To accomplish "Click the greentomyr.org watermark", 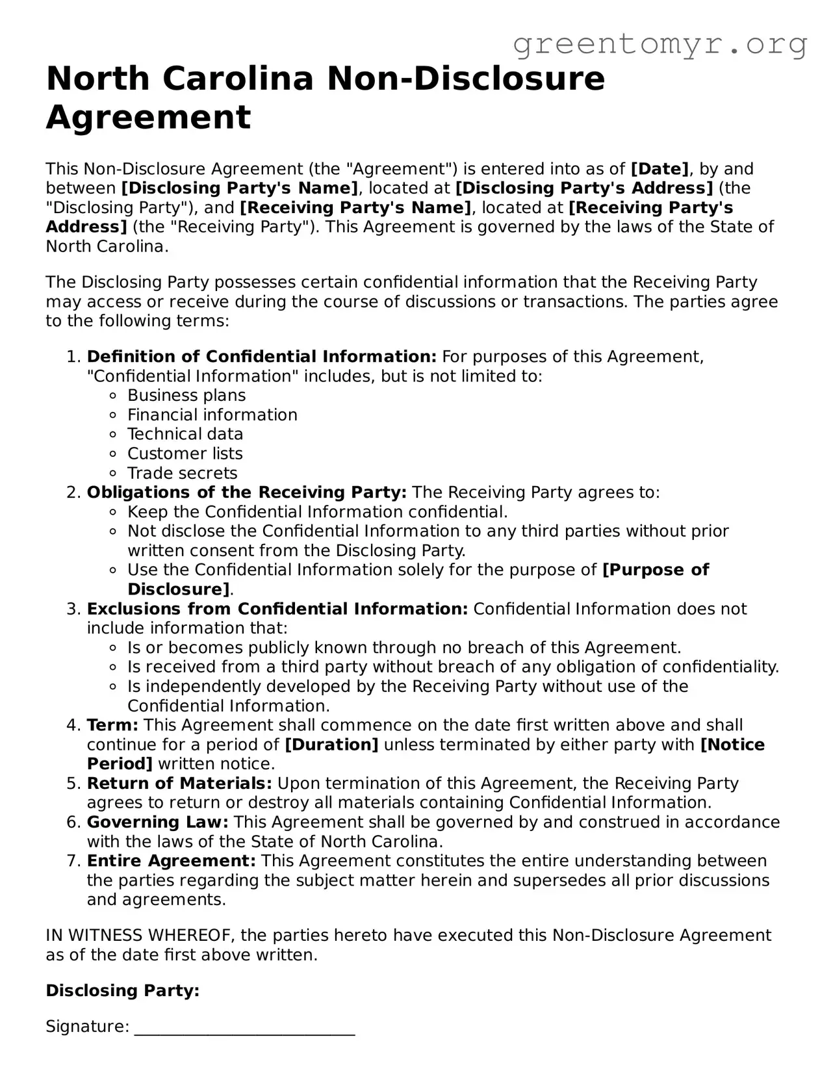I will [x=660, y=44].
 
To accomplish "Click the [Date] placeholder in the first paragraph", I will [x=660, y=169].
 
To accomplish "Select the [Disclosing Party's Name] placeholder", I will [x=240, y=188].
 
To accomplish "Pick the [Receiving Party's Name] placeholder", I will [x=356, y=208].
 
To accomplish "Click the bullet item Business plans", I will [x=186, y=396].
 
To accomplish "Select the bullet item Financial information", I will [x=212, y=415].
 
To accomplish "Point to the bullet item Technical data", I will [x=185, y=434].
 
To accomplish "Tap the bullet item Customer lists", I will [x=185, y=454].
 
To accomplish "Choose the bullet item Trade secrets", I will [x=183, y=473].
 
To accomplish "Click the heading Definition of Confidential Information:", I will [x=262, y=357].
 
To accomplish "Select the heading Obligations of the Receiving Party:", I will [x=247, y=493].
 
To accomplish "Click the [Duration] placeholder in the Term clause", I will [x=331, y=745].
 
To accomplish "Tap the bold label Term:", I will [x=112, y=725].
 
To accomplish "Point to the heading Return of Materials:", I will [x=179, y=784].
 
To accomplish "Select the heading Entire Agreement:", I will [x=172, y=861].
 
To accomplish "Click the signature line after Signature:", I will [x=244, y=1028].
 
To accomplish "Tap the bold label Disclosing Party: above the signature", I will [x=122, y=991].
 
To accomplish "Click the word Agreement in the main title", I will [x=148, y=118].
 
